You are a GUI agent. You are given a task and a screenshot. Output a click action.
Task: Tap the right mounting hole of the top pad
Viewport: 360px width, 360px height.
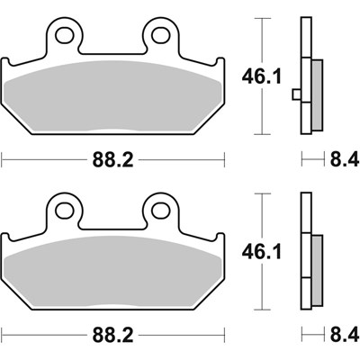click(x=160, y=35)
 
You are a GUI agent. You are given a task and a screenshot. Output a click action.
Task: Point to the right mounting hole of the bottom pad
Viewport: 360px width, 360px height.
click(x=160, y=209)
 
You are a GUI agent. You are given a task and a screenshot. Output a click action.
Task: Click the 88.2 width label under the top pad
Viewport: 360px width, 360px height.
click(x=114, y=161)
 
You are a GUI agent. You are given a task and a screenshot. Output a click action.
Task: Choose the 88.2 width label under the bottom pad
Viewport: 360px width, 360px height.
click(x=114, y=335)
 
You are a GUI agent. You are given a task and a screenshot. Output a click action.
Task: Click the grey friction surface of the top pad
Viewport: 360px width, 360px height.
click(x=112, y=103)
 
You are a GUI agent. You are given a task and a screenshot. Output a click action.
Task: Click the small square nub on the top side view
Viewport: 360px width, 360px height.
click(x=297, y=93)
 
